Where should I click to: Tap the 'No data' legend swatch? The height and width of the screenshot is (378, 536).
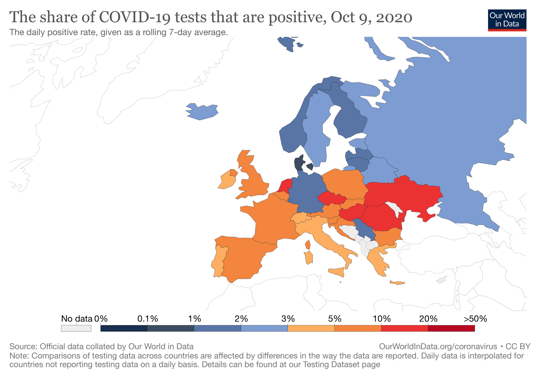76,328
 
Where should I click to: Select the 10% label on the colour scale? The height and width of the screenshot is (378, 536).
382,319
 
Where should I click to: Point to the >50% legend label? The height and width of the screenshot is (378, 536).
475,319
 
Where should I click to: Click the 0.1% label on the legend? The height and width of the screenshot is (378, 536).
147,319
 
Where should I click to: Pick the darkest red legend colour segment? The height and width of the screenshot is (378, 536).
451,328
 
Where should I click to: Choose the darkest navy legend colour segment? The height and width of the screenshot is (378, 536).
124,328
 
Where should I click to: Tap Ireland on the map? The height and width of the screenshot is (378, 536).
225,181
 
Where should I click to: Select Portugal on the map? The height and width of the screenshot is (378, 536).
218,261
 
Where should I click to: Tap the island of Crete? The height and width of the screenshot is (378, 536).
397,283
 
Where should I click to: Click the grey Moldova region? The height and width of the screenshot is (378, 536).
395,209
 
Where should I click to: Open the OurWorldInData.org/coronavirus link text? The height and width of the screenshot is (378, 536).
438,346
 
